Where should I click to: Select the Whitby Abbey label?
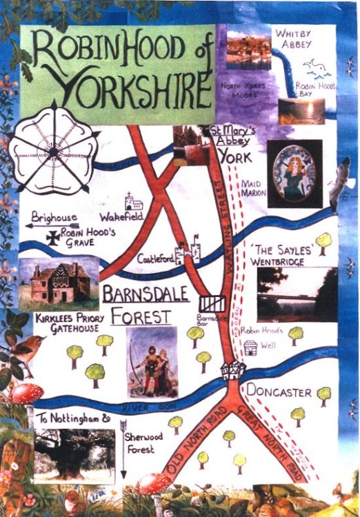pyautogui.click(x=294, y=38)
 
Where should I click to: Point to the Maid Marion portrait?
pyautogui.click(x=294, y=173)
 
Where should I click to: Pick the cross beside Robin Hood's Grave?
pyautogui.click(x=52, y=237)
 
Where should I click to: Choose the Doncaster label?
pyautogui.click(x=280, y=392)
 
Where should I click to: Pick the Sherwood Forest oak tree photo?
pyautogui.click(x=74, y=455)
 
